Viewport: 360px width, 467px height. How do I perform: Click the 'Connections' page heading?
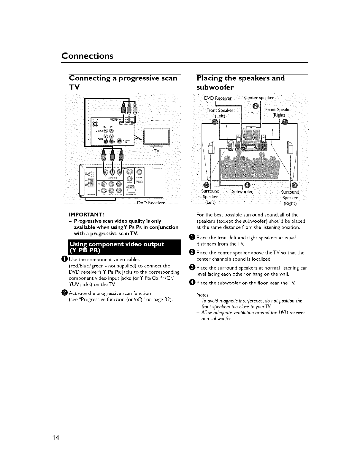[87, 56]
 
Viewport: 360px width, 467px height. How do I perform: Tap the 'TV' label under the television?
[157, 151]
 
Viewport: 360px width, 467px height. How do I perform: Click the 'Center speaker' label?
[259, 98]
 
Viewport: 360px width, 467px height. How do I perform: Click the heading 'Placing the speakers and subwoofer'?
[240, 82]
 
